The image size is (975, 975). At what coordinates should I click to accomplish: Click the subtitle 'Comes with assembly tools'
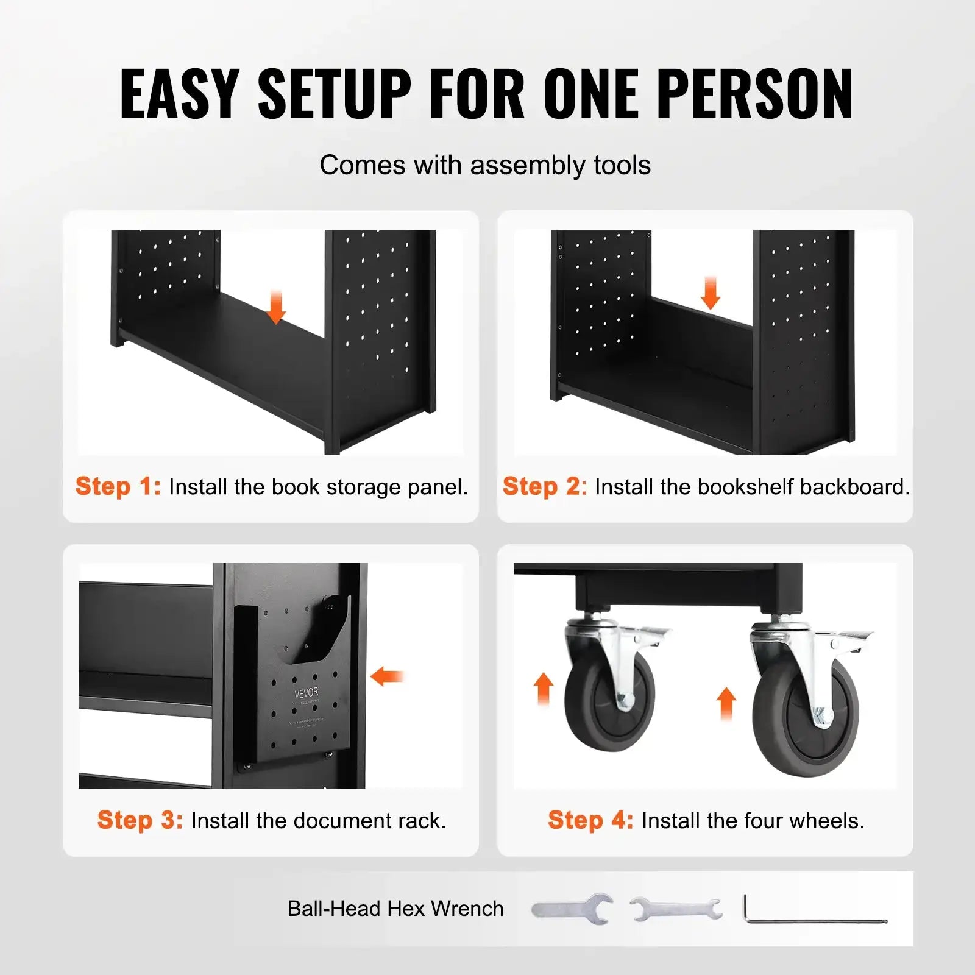coord(485,165)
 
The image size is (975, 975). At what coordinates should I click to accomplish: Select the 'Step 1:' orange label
coord(118,486)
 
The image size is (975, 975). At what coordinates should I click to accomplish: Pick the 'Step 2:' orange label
coord(544,486)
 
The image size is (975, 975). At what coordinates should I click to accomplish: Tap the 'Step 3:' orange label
coord(140,820)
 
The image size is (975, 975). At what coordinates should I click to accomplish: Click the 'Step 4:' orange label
coord(590,820)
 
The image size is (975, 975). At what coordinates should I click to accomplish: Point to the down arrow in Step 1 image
coord(276,307)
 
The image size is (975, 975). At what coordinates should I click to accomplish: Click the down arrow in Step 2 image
coord(710,292)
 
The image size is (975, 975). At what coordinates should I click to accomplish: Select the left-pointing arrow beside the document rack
coord(388,676)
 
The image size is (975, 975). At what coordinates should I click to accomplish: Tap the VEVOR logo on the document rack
coord(307,693)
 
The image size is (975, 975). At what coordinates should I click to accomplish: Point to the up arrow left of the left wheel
coord(544,689)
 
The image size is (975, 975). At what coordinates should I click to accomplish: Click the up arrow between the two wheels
coord(726,703)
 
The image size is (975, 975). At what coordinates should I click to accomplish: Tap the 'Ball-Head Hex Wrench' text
coord(395,909)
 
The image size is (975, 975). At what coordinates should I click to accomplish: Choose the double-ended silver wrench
coord(676,909)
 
